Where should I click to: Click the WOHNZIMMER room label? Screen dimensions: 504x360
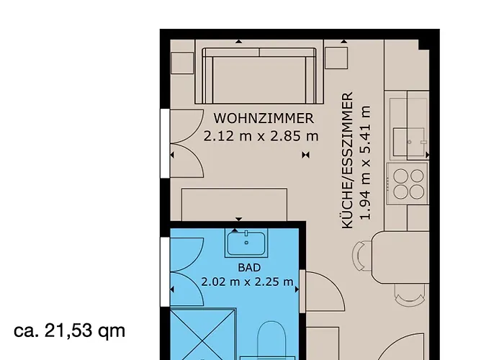(x=264, y=118)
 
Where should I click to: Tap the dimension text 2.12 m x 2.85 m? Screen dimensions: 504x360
(x=261, y=136)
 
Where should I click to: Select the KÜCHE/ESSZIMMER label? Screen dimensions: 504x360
(x=348, y=161)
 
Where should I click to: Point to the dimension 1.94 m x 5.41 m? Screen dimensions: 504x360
(x=366, y=162)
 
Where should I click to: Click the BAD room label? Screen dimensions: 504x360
(x=249, y=267)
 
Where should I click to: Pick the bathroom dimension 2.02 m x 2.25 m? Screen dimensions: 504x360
(x=247, y=282)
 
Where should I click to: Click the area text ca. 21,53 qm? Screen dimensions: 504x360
(x=69, y=330)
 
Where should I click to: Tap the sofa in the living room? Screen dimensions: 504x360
(x=259, y=76)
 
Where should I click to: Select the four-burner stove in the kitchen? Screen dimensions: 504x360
(x=408, y=184)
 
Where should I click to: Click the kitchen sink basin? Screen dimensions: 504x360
(x=409, y=142)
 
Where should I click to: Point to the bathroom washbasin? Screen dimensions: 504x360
(x=246, y=243)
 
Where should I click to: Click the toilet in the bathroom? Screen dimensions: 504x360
(x=272, y=340)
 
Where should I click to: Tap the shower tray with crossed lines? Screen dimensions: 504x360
(x=203, y=334)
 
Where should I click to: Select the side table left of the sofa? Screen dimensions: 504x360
(x=182, y=63)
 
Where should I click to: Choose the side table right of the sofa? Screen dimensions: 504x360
(x=336, y=58)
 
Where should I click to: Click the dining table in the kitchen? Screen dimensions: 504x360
(x=400, y=257)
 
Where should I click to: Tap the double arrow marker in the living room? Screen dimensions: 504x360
(x=306, y=156)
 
